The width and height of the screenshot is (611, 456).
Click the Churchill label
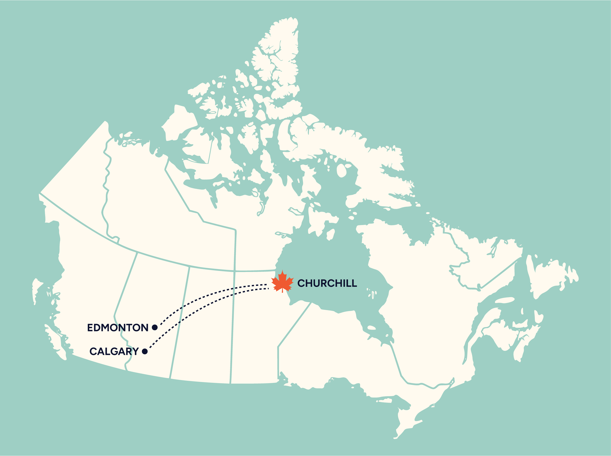pos(327,283)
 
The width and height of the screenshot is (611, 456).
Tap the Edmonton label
pos(118,328)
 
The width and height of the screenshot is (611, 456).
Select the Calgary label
pos(114,351)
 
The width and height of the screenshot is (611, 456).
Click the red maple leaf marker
pos(282,282)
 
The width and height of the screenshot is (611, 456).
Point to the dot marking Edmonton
pos(155,327)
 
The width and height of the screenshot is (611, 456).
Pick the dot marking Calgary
pos(145,351)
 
